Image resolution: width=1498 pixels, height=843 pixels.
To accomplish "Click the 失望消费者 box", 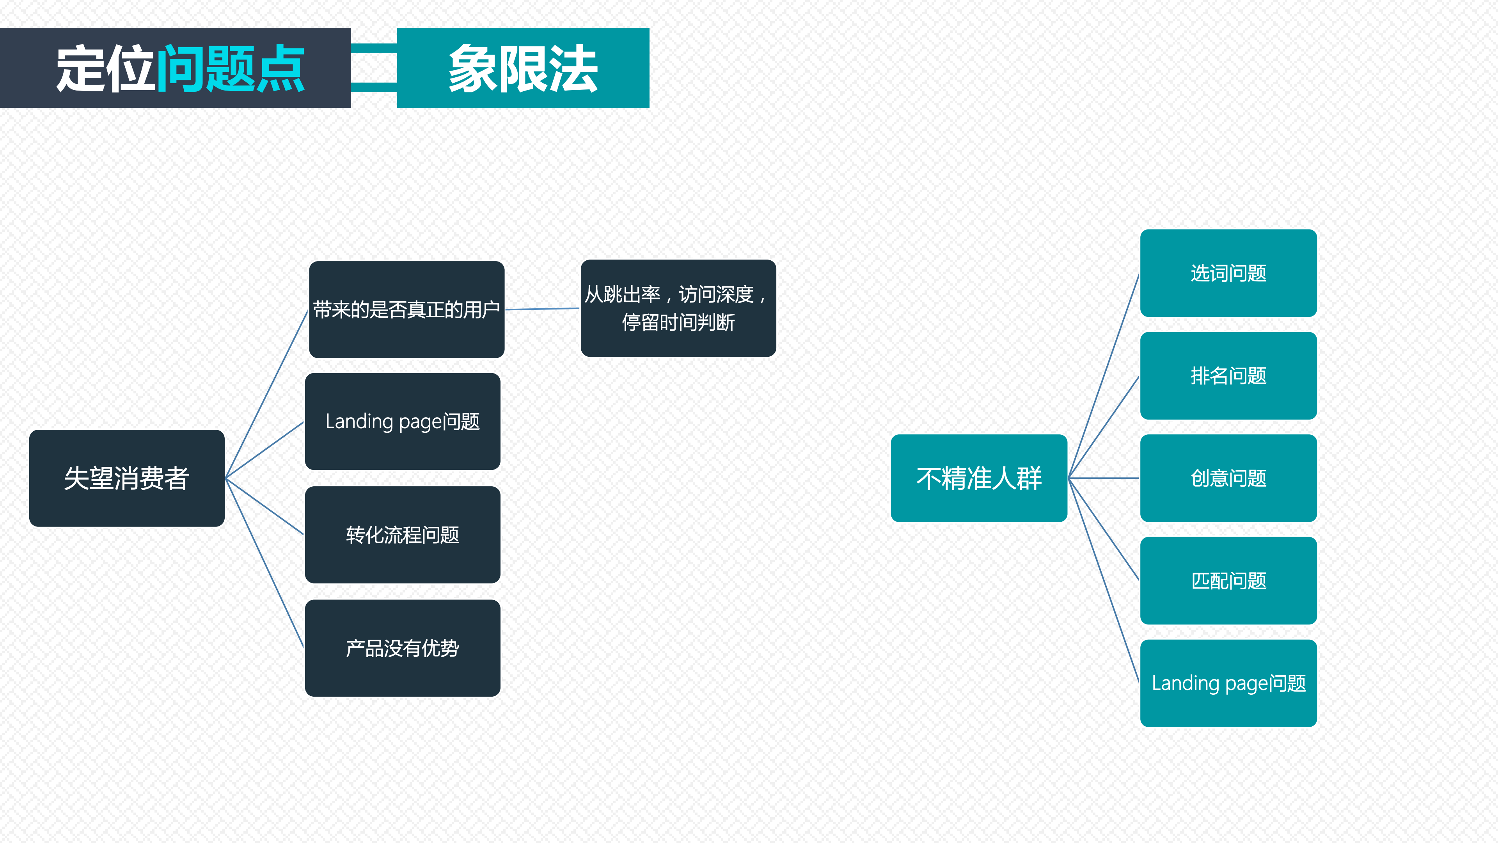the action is [127, 478].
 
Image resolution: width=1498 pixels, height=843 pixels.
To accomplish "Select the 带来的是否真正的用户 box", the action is [406, 309].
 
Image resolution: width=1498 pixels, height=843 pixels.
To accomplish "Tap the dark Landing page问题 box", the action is [403, 421].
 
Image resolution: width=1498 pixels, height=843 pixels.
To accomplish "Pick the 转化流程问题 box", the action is [403, 535].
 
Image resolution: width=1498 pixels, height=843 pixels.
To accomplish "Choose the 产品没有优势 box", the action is [403, 648].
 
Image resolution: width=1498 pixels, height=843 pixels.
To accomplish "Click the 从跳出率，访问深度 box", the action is [678, 308].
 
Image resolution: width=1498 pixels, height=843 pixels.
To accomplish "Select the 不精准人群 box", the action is [979, 478].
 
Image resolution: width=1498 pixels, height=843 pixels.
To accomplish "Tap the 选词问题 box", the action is [1228, 273].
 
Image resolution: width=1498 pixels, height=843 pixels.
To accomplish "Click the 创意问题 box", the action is [1228, 478].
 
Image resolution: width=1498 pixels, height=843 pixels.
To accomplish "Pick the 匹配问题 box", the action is [1228, 581].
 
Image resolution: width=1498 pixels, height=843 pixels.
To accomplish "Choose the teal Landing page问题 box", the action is [1228, 683].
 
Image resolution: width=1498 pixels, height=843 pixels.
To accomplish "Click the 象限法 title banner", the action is [523, 68].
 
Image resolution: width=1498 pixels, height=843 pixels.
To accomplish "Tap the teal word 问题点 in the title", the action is [231, 69].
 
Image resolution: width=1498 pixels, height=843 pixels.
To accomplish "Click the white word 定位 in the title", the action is [106, 69].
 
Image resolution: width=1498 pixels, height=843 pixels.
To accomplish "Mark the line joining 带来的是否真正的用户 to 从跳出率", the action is [543, 309].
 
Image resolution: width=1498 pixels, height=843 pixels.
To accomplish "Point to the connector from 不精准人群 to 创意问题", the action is [1104, 478].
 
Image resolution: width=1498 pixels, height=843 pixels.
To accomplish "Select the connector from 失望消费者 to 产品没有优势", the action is [264, 563].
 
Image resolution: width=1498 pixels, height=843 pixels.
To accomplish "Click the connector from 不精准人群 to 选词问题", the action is [1104, 376].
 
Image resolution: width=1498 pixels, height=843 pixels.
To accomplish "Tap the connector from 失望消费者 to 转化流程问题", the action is [264, 506].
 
